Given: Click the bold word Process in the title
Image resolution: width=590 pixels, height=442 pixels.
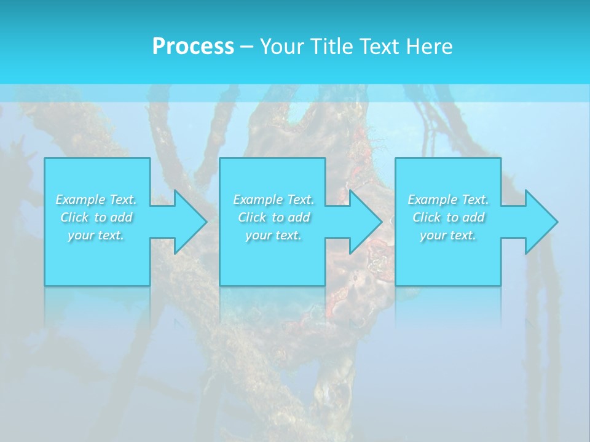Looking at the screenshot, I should (x=193, y=47).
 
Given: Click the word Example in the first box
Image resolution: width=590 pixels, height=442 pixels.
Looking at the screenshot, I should (x=81, y=200).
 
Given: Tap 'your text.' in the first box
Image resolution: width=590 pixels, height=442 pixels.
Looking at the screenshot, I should (x=96, y=235).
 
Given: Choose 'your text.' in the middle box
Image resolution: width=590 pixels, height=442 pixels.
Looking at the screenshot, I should (x=273, y=235).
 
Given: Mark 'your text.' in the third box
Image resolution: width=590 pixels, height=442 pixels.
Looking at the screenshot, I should (x=448, y=235).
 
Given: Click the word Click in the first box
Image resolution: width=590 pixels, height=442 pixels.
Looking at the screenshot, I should (x=74, y=217).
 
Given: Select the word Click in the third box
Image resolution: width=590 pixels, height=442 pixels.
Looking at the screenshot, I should (x=427, y=217).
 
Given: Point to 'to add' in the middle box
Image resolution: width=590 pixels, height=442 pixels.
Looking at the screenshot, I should (x=291, y=217).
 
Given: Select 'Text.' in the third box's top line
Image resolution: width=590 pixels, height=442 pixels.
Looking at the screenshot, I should (x=475, y=200).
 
